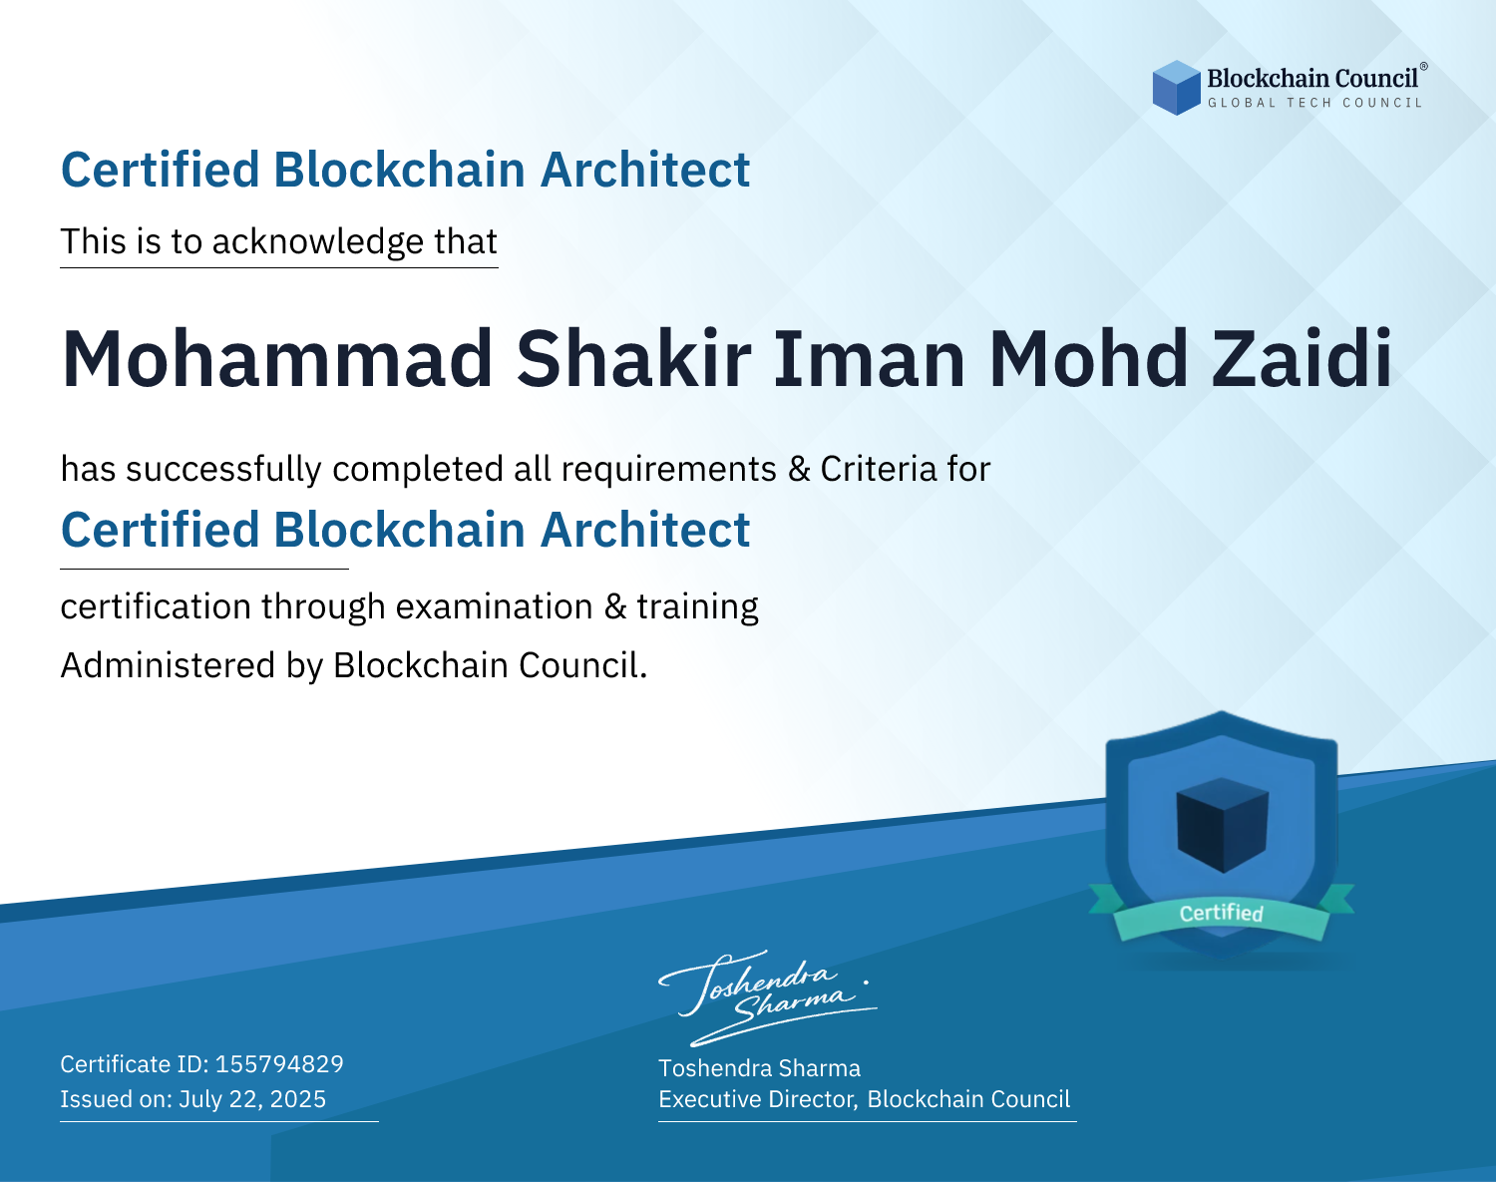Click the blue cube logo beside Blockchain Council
pos(1176,88)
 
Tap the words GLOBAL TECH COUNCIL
pos(1315,103)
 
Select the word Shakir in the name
pos(633,359)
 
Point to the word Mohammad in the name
pos(276,359)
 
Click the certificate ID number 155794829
pos(279,1063)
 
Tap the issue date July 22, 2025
pos(252,1099)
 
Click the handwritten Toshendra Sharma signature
pos(768,997)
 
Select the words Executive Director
pos(756,1099)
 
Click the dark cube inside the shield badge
pos(1222,825)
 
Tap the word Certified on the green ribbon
pos(1222,913)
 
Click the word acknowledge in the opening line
pos(318,242)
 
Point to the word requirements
pos(669,469)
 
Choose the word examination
pos(495,606)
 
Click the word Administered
pos(169,664)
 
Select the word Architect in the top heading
pos(645,170)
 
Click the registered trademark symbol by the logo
pos(1423,67)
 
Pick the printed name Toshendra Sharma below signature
pos(759,1068)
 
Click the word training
pos(697,606)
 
